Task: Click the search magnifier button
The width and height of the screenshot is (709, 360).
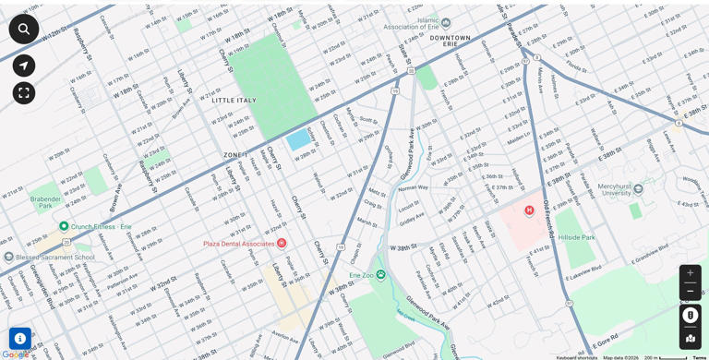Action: click(24, 29)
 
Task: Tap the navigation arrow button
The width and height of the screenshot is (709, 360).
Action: click(24, 66)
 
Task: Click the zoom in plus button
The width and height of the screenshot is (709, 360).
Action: click(690, 273)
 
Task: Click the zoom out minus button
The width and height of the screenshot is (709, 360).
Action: click(690, 291)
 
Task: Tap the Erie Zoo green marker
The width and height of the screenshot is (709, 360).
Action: click(380, 274)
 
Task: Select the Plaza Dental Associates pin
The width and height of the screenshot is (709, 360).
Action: click(282, 243)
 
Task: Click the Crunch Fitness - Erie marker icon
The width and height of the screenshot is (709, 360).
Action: click(64, 226)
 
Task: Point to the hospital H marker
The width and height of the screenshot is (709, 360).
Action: click(529, 210)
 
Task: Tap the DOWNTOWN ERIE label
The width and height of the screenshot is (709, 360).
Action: click(450, 40)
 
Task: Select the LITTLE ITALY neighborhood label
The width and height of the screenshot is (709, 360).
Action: click(234, 101)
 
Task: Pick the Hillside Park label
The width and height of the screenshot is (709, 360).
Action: click(577, 237)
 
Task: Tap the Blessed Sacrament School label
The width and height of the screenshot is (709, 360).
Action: click(54, 258)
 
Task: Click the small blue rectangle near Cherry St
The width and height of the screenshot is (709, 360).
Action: click(298, 140)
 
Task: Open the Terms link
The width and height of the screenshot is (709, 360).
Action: click(699, 357)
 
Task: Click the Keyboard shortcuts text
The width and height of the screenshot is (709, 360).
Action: click(577, 357)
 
